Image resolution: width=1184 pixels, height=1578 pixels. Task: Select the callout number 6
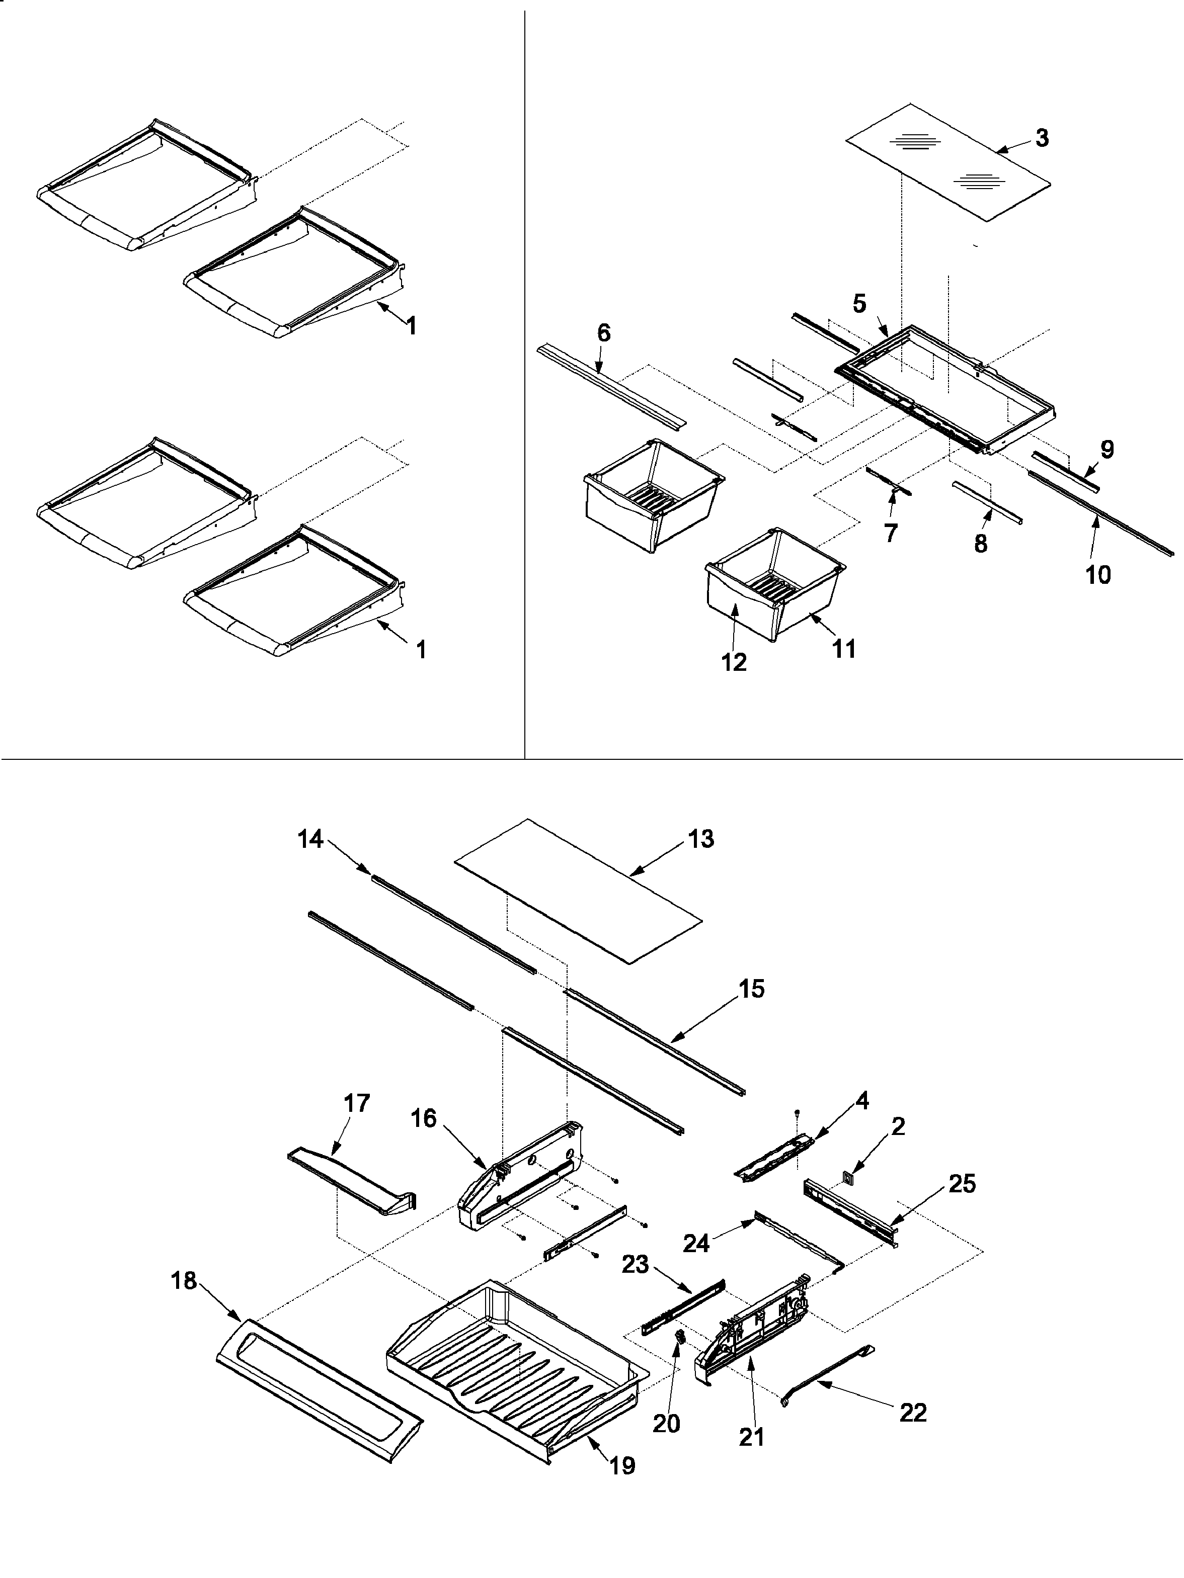[604, 333]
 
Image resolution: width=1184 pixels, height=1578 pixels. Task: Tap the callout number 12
[734, 662]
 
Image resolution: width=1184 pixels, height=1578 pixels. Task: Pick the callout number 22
[913, 1413]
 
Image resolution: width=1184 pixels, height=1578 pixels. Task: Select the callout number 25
[962, 1184]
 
